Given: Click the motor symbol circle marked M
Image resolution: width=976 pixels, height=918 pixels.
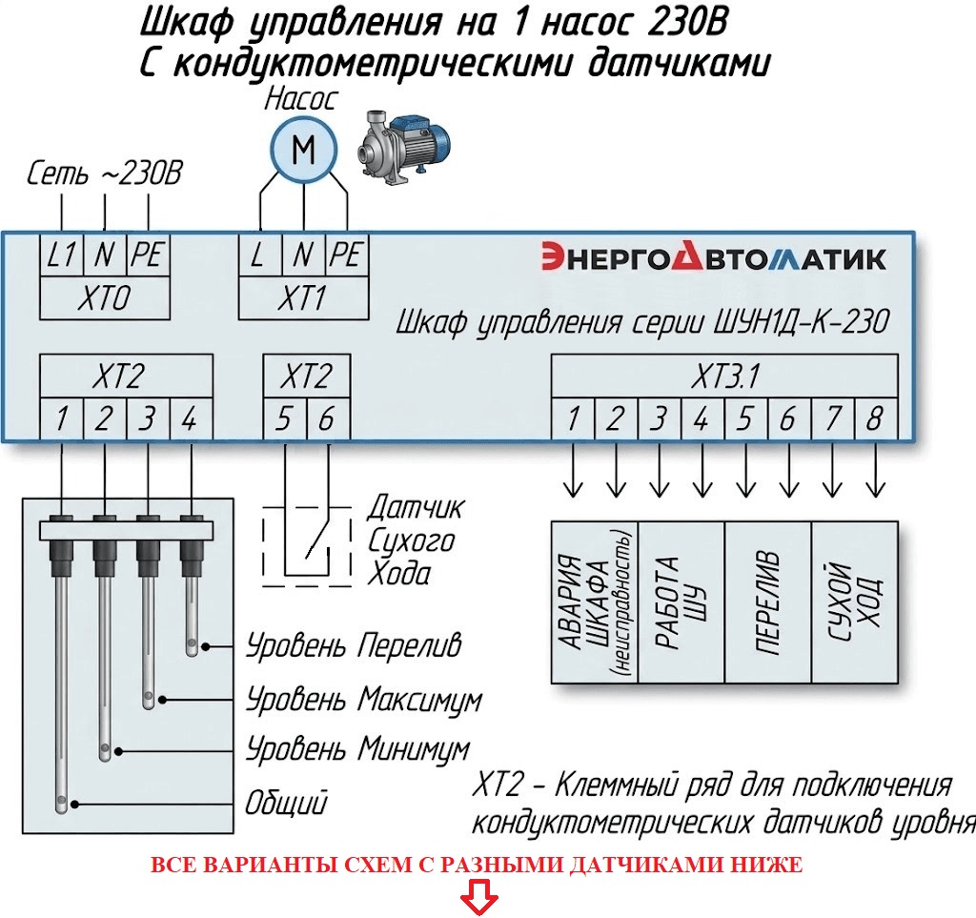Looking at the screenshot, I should (303, 149).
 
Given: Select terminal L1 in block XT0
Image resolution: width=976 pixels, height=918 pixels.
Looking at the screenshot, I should (62, 255).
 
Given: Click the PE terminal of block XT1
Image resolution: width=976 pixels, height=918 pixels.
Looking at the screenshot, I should (347, 255).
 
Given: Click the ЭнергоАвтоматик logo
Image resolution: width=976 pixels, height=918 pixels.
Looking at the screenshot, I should (713, 258).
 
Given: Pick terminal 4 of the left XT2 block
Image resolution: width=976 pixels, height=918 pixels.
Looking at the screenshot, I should (190, 418).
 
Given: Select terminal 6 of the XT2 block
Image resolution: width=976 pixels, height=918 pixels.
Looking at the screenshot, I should (326, 418).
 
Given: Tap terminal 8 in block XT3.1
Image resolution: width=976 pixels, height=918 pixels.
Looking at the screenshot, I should (874, 418).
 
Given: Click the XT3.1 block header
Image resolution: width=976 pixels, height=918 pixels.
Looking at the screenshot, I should (724, 377).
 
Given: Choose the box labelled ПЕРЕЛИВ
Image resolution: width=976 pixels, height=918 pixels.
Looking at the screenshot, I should (768, 602).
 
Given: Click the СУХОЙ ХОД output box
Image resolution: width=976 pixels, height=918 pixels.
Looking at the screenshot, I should (854, 602).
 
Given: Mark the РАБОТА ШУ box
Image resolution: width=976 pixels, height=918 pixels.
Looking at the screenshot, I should (681, 602).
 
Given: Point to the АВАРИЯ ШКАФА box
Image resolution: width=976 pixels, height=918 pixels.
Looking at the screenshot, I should (594, 602).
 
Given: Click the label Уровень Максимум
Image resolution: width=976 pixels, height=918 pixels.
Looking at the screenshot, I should (363, 701).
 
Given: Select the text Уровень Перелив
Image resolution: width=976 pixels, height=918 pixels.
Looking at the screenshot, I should (354, 645).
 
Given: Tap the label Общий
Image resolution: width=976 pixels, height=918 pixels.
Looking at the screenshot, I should (286, 802).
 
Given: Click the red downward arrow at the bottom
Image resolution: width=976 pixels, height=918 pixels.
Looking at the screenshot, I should (476, 899).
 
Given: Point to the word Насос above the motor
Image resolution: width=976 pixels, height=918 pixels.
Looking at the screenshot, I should (300, 99).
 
